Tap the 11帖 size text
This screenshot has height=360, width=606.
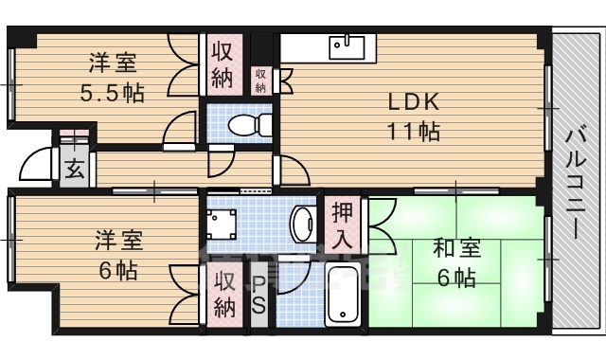[x=413, y=132]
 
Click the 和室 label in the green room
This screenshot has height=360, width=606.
[x=457, y=249]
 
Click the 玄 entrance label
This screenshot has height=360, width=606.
[x=74, y=171]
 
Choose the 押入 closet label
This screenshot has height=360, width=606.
[x=341, y=225]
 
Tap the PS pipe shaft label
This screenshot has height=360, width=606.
[x=258, y=295]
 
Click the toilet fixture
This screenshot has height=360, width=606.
[x=248, y=125]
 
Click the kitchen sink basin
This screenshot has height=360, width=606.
[x=348, y=45]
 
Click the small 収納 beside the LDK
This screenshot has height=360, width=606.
[x=259, y=80]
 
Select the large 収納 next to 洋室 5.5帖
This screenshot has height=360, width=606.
[x=222, y=65]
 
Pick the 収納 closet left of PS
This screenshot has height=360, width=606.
[x=224, y=294]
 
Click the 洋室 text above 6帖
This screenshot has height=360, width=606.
[x=119, y=240]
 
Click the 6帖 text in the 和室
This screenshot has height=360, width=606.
[x=457, y=278]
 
